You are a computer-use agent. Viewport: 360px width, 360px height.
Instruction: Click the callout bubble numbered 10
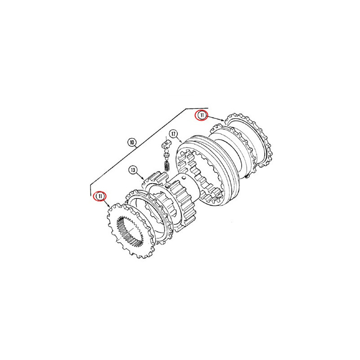click(x=132, y=143)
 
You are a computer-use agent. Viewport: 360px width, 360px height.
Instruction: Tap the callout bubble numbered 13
click(x=133, y=170)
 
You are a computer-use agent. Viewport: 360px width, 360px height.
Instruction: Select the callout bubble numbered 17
click(x=173, y=134)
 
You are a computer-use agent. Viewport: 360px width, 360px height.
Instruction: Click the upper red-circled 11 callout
click(x=201, y=115)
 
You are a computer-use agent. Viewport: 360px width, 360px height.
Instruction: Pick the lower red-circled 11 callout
click(x=100, y=196)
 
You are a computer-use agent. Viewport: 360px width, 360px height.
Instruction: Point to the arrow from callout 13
click(x=140, y=176)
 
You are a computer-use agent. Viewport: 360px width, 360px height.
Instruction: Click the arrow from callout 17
click(x=179, y=139)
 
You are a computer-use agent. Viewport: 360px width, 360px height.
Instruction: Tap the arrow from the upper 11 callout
click(x=216, y=118)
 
